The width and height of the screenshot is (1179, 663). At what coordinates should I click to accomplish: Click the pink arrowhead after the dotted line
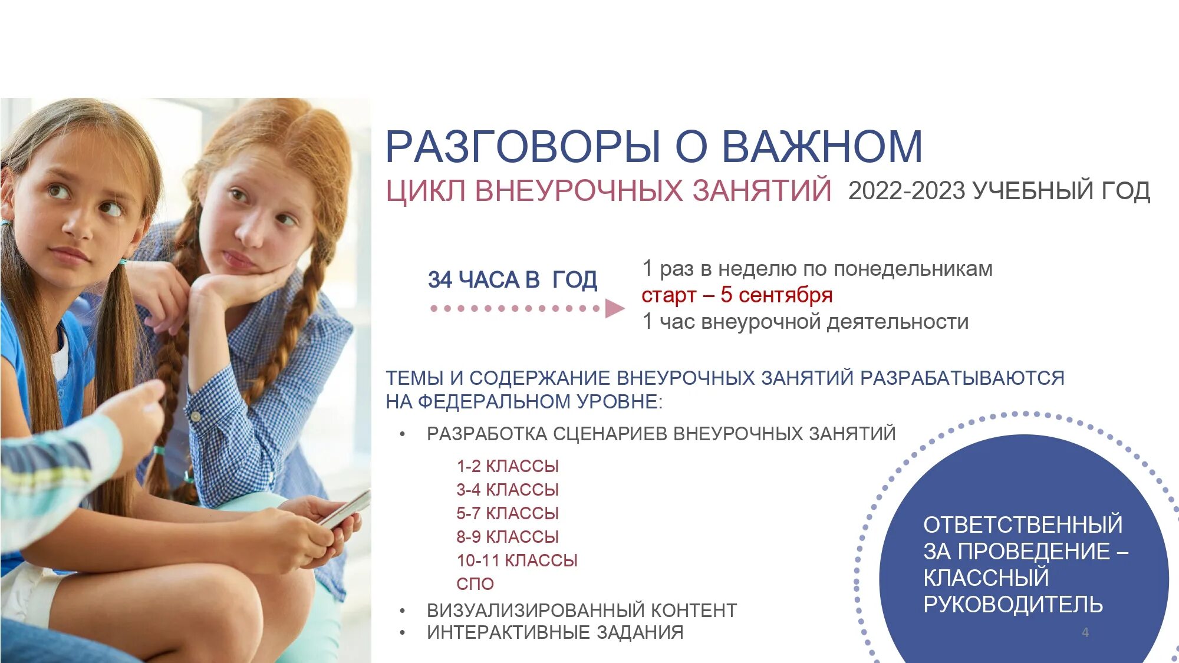614,308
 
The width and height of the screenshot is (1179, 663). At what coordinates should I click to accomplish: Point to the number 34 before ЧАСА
440,280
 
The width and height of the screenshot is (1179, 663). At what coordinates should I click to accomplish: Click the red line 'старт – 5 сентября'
737,295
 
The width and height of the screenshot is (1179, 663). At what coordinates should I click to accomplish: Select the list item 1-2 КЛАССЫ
507,466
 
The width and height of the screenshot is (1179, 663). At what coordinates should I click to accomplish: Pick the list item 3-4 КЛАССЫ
507,490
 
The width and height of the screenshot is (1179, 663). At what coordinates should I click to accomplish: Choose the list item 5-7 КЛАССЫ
507,513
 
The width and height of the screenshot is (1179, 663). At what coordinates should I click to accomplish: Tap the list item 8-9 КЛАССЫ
507,537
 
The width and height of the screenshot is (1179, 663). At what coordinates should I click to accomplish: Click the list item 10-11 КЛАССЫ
516,560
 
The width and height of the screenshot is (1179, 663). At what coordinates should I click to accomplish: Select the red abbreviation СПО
475,584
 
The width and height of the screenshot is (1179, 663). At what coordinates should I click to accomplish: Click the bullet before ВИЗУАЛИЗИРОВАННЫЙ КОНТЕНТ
403,611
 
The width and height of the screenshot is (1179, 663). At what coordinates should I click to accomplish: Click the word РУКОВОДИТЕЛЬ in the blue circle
1013,604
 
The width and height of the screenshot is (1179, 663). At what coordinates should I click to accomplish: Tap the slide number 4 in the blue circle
1085,632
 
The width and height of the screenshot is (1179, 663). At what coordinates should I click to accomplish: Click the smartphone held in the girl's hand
345,510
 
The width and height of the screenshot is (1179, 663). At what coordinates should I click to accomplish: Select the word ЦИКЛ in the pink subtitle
426,191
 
